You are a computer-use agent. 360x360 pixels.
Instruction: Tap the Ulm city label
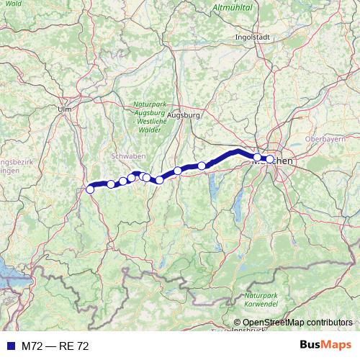point(63,109)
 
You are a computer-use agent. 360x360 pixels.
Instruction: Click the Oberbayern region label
point(322,138)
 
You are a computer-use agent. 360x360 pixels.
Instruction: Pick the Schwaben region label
point(129,156)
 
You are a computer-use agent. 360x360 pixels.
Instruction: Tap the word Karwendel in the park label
point(260,305)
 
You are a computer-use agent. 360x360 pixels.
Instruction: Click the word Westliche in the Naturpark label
point(149,121)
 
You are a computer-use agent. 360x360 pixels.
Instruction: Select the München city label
point(274,162)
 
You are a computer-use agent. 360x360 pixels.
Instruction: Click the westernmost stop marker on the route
point(90,189)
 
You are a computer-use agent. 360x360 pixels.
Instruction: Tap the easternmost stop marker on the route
point(270,159)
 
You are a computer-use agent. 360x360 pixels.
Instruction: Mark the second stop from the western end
point(111,184)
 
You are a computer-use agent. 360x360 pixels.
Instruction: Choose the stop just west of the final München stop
point(257,157)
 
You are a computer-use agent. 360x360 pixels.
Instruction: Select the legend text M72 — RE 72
point(55,346)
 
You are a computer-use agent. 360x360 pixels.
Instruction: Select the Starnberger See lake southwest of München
point(238,205)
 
